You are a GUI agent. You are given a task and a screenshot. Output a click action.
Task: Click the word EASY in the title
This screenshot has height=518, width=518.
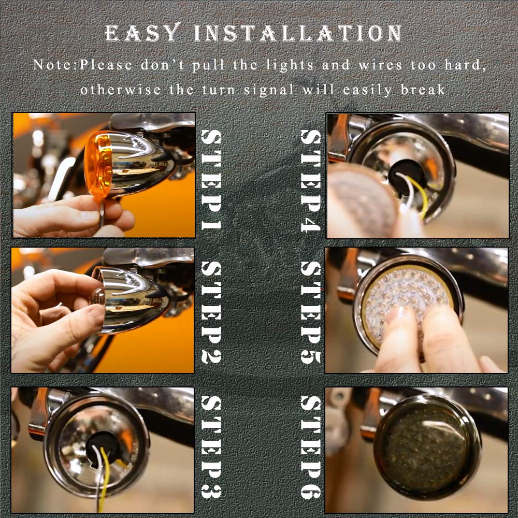coord(143,33)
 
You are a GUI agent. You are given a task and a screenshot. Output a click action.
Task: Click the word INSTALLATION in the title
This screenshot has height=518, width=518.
coord(298,33)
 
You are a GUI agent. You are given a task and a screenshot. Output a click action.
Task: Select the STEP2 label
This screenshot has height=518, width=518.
coord(211,312)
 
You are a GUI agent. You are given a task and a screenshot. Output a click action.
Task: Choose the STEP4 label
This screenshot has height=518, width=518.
coord(310,180)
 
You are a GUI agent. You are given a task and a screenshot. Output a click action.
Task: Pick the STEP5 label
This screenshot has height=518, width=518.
coord(310,312)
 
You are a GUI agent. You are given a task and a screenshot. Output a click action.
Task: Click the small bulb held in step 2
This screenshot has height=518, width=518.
coord(98,296)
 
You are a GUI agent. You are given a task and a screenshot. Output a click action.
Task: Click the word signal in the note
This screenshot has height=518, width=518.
coord(268,90)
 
